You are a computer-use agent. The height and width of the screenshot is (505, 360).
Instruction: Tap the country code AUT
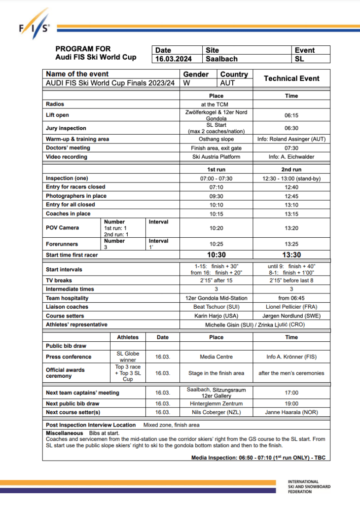click(227, 83)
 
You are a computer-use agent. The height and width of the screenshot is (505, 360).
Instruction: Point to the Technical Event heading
click(291, 78)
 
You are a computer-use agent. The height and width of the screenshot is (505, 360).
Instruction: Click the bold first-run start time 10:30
click(216, 255)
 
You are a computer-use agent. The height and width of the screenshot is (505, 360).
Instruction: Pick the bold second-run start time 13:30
click(291, 255)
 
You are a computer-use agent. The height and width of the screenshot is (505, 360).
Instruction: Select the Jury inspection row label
click(66, 128)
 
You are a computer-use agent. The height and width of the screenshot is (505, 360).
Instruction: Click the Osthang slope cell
click(216, 139)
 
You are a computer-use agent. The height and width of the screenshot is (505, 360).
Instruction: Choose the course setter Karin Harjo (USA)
click(216, 316)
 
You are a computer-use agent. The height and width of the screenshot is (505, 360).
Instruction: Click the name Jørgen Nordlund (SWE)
click(291, 316)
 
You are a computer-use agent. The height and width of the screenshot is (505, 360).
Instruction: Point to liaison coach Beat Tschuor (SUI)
click(216, 307)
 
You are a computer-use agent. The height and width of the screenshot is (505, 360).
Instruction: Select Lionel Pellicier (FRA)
click(291, 307)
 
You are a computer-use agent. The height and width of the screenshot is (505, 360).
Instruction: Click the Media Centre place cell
click(216, 357)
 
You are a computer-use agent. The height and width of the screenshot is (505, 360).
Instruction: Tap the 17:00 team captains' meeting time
click(291, 393)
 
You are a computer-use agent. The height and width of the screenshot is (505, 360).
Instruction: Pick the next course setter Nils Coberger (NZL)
click(216, 412)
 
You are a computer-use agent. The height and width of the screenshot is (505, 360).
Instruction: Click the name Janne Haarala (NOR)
click(291, 412)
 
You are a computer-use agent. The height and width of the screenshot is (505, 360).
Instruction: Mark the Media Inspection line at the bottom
click(258, 458)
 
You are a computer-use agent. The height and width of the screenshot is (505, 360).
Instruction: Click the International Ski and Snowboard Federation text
click(309, 486)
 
